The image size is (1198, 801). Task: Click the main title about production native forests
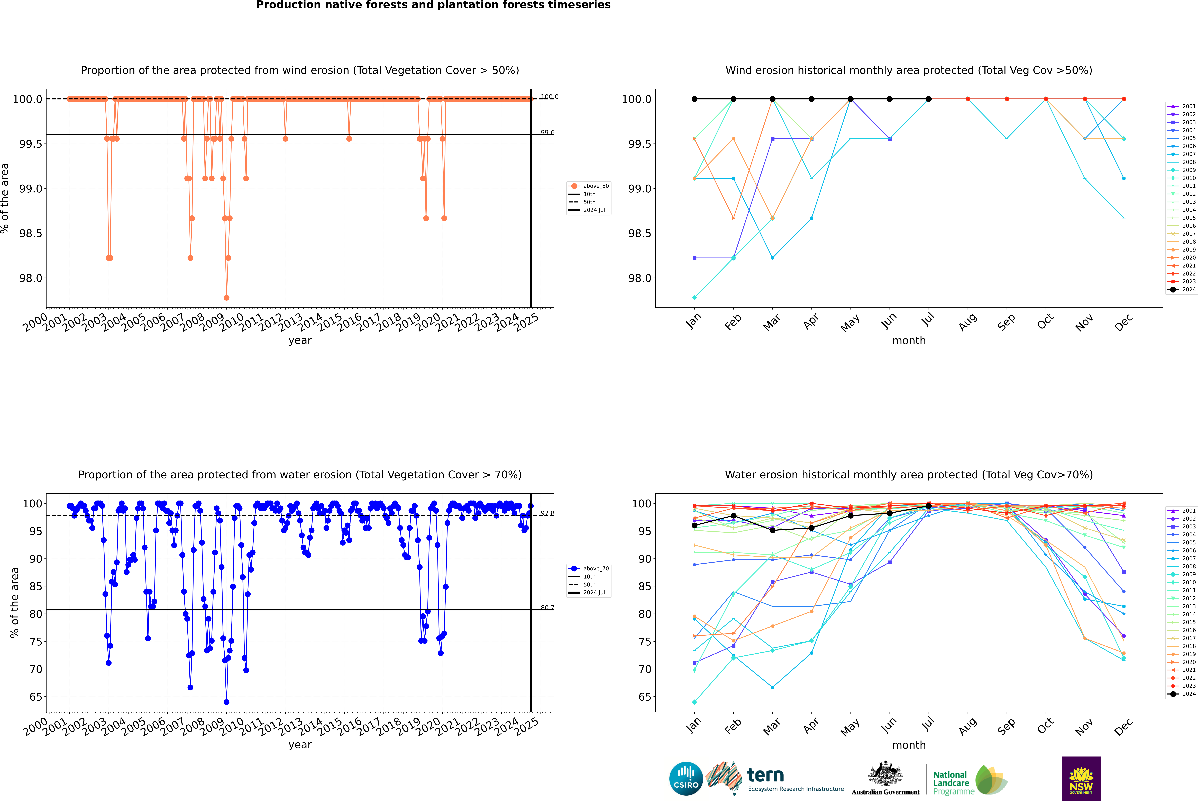(x=433, y=5)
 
